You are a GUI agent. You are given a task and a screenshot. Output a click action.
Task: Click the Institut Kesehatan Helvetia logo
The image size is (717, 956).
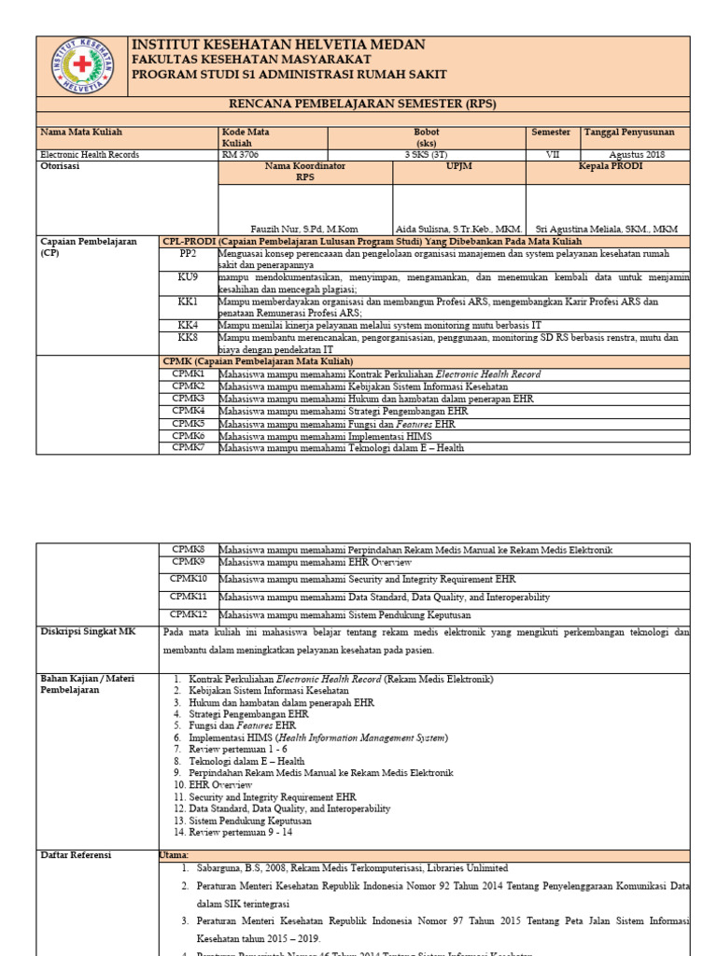82,65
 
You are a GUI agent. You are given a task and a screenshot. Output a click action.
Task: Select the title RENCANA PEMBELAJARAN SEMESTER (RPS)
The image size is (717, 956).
363,104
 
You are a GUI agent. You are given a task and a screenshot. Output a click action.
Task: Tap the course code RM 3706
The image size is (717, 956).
240,155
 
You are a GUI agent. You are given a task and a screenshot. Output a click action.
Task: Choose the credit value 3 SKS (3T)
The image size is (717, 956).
427,155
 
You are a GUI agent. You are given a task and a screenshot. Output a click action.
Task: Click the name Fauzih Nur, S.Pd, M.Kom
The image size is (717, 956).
304,229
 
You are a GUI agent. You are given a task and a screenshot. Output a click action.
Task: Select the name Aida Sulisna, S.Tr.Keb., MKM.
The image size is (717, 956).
458,229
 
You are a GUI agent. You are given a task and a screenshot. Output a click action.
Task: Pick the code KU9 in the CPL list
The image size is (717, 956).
189,277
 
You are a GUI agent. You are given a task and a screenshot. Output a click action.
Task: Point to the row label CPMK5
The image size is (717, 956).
189,423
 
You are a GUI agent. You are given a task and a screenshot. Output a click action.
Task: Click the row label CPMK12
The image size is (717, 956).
189,614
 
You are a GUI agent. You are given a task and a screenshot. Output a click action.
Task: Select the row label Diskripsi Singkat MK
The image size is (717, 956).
88,632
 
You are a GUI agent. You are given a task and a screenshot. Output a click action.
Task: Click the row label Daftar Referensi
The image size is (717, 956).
76,854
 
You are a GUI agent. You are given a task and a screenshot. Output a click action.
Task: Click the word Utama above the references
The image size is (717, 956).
175,854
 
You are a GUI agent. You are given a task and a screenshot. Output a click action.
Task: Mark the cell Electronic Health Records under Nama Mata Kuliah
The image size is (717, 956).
89,155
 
